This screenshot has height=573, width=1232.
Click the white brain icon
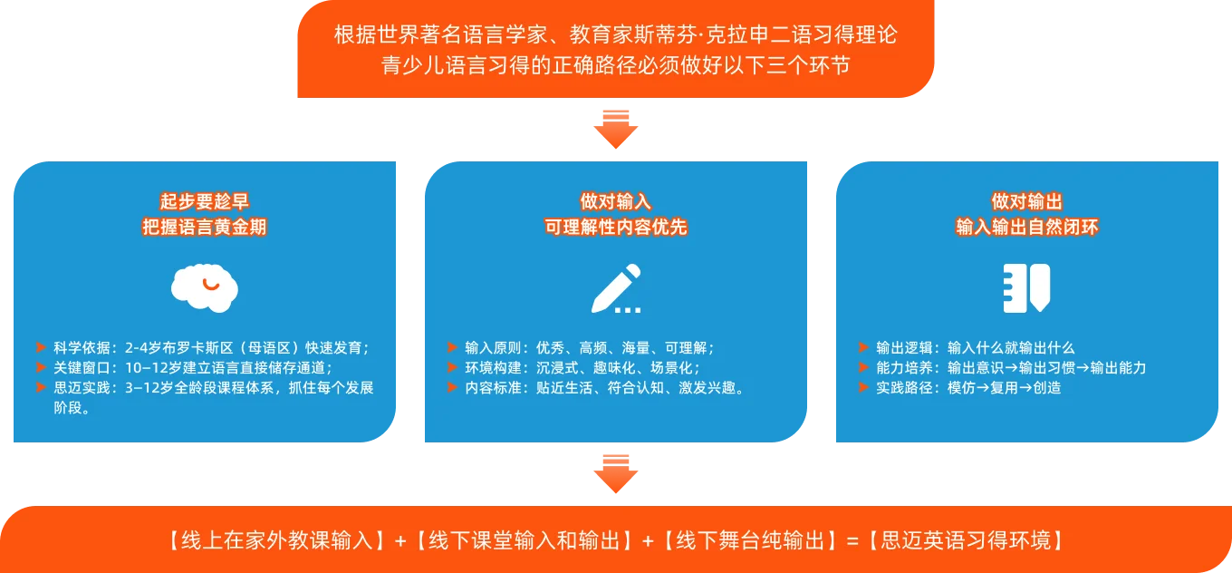click(x=204, y=288)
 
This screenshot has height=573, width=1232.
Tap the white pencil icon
click(x=615, y=288)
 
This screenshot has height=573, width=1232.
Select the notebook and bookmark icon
click(x=1026, y=288)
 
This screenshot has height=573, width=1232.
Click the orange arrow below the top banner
click(x=615, y=130)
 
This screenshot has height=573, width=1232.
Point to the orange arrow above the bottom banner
click(x=615, y=474)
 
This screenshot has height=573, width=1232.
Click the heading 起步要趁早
click(x=204, y=201)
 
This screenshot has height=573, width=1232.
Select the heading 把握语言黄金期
click(x=204, y=227)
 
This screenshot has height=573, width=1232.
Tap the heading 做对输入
click(x=615, y=201)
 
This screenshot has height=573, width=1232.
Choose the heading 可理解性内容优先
click(x=615, y=227)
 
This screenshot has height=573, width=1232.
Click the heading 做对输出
click(x=1026, y=201)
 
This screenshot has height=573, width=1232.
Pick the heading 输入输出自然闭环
click(x=1026, y=227)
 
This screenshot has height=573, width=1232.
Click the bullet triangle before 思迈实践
click(x=41, y=387)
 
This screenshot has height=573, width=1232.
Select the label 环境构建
click(x=493, y=368)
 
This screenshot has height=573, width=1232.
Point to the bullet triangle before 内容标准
click(x=452, y=387)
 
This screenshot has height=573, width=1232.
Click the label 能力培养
click(x=904, y=368)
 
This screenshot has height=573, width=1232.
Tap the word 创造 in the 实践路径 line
click(x=1047, y=387)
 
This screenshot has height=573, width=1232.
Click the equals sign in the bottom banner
click(x=852, y=541)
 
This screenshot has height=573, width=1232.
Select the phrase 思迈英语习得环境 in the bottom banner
click(x=966, y=540)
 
